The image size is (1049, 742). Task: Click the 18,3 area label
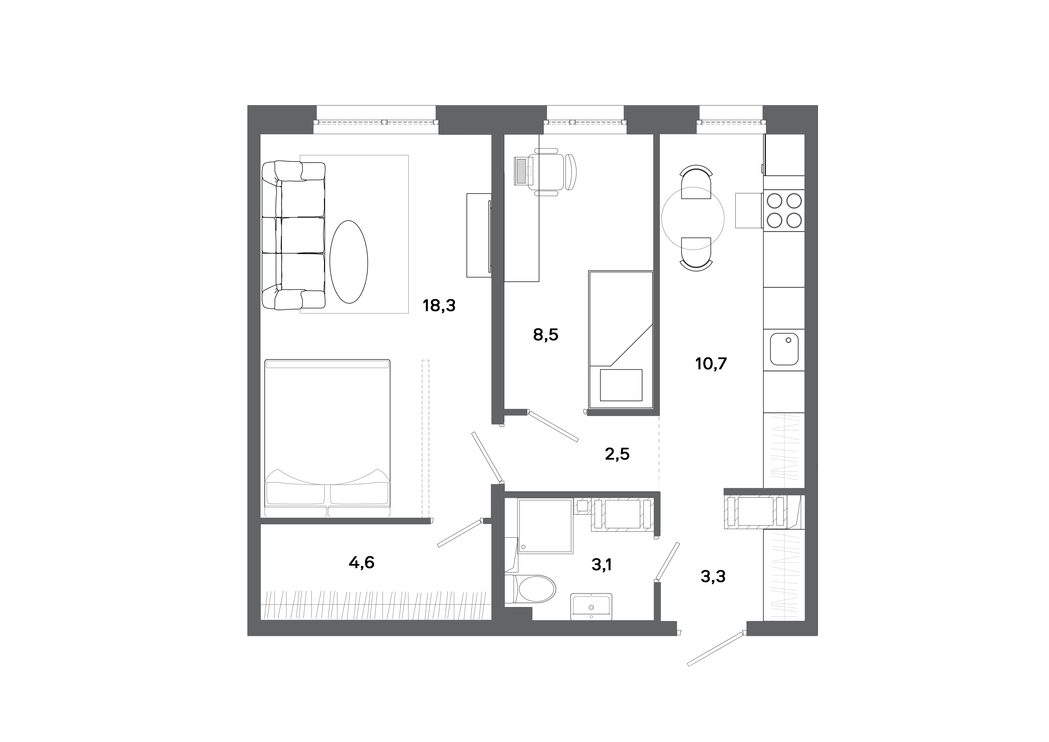click(439, 305)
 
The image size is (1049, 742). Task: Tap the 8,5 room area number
click(546, 335)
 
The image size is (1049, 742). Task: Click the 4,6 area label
click(361, 562)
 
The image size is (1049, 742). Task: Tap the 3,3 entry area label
click(713, 577)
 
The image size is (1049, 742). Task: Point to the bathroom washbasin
click(591, 607)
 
